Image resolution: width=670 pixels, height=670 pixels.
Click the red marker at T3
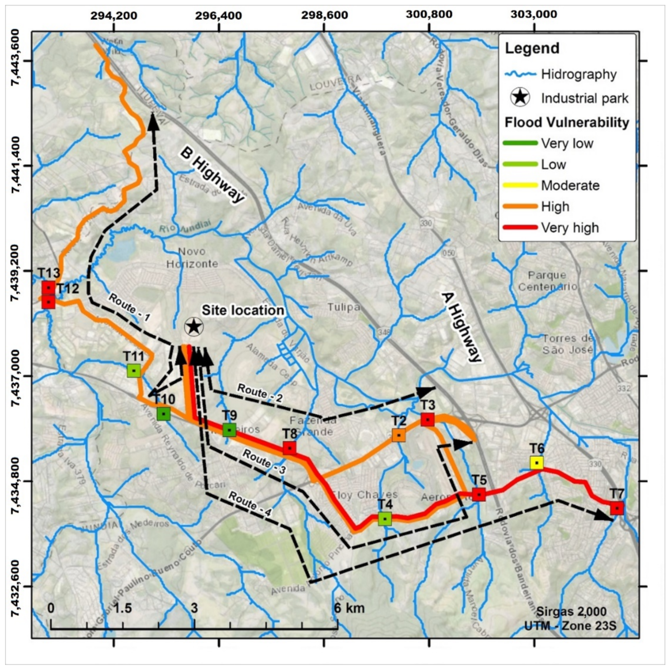click(x=428, y=420)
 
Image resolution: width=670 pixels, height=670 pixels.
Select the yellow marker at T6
click(x=537, y=463)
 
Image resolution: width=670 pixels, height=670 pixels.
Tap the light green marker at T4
click(x=385, y=519)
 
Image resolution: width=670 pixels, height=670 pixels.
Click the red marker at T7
click(x=617, y=508)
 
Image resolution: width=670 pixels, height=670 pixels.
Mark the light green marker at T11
click(x=133, y=371)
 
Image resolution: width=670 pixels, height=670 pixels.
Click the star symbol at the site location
click(x=194, y=326)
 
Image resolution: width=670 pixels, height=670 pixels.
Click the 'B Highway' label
click(x=212, y=176)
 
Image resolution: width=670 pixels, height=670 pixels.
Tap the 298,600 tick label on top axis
click(x=324, y=15)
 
